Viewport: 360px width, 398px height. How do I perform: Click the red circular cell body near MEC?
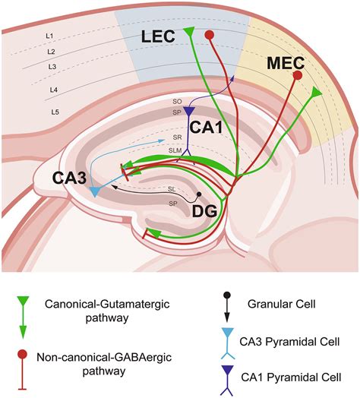point(298,76)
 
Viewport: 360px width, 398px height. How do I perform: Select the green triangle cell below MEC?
point(317,92)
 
